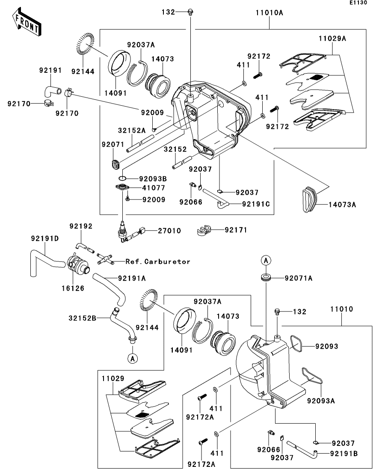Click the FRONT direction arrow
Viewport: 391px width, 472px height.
pyautogui.click(x=27, y=22)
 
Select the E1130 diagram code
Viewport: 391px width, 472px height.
pyautogui.click(x=358, y=3)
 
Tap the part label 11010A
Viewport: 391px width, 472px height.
pyautogui.click(x=270, y=13)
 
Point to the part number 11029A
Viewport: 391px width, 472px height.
pyautogui.click(x=332, y=39)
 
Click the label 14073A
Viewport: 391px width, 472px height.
pyautogui.click(x=342, y=205)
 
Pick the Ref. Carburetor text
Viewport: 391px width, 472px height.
pyautogui.click(x=158, y=261)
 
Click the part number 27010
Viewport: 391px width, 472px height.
pyautogui.click(x=169, y=231)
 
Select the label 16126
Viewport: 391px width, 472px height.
pyautogui.click(x=73, y=288)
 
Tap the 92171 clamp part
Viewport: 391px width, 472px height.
pyautogui.click(x=204, y=230)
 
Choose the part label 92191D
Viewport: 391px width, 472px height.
pyautogui.click(x=45, y=239)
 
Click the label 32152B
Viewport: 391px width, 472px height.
pyautogui.click(x=83, y=318)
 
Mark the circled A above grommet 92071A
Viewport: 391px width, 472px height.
pyautogui.click(x=266, y=260)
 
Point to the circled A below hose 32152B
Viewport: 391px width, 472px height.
pyautogui.click(x=133, y=358)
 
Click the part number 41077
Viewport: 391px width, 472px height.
pyautogui.click(x=154, y=188)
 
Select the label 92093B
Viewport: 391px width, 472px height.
pyautogui.click(x=153, y=179)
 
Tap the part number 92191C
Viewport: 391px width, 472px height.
pyautogui.click(x=256, y=204)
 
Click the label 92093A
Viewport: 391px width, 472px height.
pyautogui.click(x=321, y=401)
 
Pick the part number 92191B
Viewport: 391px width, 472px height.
pyautogui.click(x=344, y=454)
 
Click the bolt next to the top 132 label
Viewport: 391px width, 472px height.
pyautogui.click(x=190, y=12)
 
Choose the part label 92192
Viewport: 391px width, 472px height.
pyautogui.click(x=81, y=226)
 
